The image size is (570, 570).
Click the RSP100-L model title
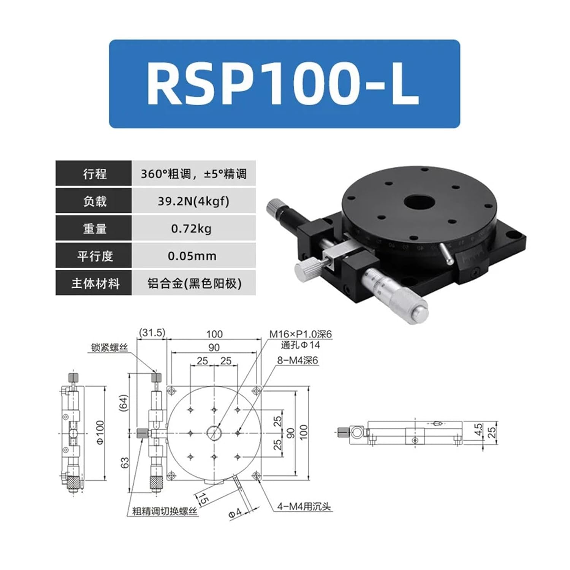tap(283, 84)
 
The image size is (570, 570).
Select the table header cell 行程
tap(94, 174)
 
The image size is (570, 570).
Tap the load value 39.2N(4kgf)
tap(193, 201)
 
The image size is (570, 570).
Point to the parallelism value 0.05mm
tap(192, 256)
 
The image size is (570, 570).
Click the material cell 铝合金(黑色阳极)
tap(194, 283)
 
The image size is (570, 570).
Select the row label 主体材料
tap(95, 283)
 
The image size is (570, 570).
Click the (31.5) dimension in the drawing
tap(152, 333)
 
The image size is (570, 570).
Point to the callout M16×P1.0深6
tap(301, 334)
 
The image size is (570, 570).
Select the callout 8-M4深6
tap(297, 360)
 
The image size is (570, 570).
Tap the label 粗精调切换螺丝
tap(165, 511)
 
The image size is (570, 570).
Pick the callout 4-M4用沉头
tap(304, 507)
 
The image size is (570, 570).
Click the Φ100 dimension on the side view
tap(100, 433)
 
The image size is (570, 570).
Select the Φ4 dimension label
tap(234, 513)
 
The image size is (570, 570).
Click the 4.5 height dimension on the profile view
tap(478, 430)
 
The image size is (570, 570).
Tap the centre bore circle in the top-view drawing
tap(214, 432)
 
